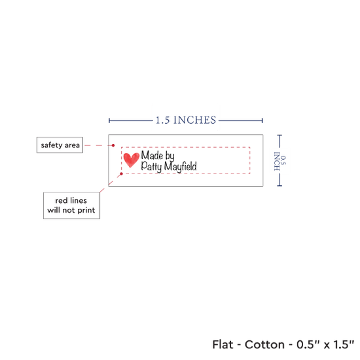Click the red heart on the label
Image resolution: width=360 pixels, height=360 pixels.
(x=131, y=160)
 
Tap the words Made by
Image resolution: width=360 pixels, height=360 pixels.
(x=158, y=156)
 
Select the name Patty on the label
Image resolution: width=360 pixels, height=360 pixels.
(x=151, y=166)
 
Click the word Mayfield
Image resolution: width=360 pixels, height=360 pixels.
(x=181, y=166)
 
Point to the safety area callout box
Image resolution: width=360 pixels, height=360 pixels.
(x=60, y=145)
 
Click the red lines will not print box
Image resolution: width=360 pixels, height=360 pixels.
(x=71, y=206)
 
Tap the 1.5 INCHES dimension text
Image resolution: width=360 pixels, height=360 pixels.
(x=186, y=120)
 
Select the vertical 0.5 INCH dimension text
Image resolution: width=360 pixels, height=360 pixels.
(x=280, y=161)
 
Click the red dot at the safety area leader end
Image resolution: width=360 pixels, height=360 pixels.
(x=113, y=145)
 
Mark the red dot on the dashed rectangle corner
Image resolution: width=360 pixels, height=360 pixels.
(x=122, y=174)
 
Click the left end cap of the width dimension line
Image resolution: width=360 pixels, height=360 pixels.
(x=109, y=120)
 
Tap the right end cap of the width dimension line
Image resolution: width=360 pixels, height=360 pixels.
(x=262, y=120)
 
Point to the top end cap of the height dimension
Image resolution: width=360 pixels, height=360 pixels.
(x=279, y=135)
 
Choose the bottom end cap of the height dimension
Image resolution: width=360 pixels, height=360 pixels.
(x=279, y=185)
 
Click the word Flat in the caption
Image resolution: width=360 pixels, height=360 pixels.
(x=223, y=344)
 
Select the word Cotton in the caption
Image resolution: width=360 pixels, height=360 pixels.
(x=264, y=344)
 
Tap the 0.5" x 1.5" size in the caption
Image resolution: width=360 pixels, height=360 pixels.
(x=325, y=344)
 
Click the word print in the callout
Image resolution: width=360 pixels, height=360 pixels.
(x=86, y=210)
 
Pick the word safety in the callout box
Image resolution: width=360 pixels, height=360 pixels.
(x=52, y=145)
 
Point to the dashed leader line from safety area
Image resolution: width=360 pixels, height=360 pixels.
(x=99, y=145)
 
